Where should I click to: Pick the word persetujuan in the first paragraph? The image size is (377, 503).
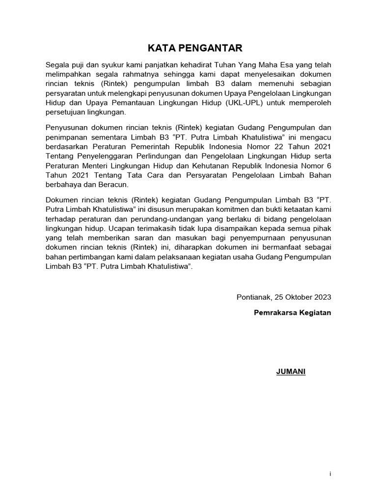(x=64, y=112)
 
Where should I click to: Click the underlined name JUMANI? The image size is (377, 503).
(x=291, y=371)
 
